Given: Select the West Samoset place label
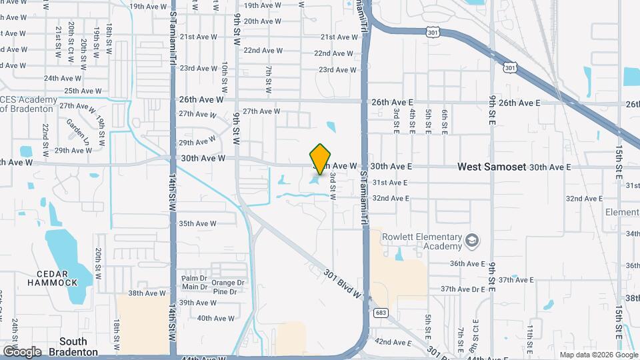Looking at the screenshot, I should pyautogui.click(x=491, y=167).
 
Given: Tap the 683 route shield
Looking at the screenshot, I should pyautogui.click(x=381, y=313).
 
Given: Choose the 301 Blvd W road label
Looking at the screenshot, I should pyautogui.click(x=343, y=283).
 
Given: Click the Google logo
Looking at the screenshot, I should pyautogui.click(x=21, y=351).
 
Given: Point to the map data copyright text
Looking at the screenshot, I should pyautogui.click(x=598, y=355).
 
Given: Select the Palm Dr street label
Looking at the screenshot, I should pyautogui.click(x=195, y=278).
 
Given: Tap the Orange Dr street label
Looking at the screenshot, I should pyautogui.click(x=228, y=283).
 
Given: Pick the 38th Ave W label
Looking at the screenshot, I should pyautogui.click(x=147, y=293).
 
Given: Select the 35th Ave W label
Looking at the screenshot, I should pyautogui.click(x=197, y=224).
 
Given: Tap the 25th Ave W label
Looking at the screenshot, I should pyautogui.click(x=83, y=91).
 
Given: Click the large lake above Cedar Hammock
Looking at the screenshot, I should pyautogui.click(x=67, y=253).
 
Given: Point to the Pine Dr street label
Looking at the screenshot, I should pyautogui.click(x=225, y=292).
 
